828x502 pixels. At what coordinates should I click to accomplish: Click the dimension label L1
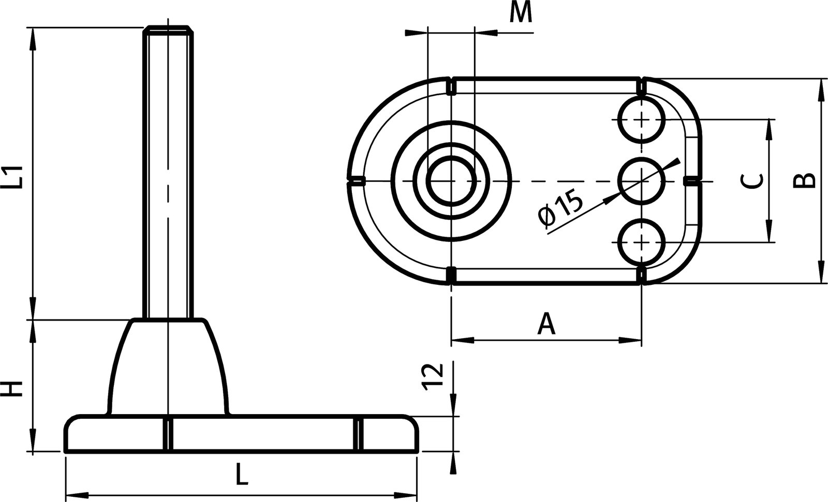(17, 176)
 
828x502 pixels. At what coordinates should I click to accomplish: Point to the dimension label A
(546, 324)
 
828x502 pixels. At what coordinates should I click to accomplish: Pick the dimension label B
(805, 180)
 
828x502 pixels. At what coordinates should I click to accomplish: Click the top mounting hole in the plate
(642, 120)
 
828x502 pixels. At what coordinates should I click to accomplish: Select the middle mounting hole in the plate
(642, 181)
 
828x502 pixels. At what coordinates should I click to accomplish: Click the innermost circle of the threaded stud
(451, 181)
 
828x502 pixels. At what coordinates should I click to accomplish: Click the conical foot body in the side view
(168, 367)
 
